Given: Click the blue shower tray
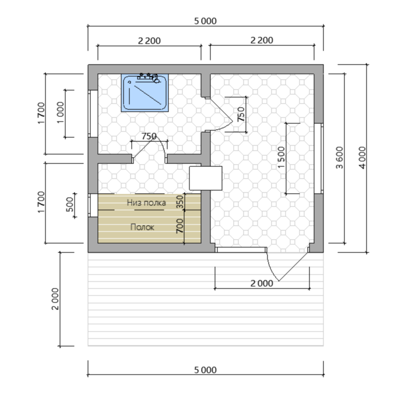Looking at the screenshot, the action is [x=145, y=92].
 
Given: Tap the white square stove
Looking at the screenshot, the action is [x=206, y=178].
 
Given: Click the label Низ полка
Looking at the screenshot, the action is [x=146, y=202].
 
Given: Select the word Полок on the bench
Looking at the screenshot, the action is [x=142, y=227].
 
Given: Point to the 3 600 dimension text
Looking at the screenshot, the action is [x=339, y=158].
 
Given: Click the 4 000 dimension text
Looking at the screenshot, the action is [x=362, y=158].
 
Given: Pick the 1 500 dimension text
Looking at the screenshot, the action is [x=281, y=158].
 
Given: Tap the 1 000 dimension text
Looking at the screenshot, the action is [x=60, y=113].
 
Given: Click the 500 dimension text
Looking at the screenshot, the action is [x=70, y=204].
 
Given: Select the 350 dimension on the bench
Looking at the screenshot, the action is [x=179, y=202].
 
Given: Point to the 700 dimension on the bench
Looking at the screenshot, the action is [x=179, y=226].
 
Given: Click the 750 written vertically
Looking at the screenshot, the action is [x=241, y=114].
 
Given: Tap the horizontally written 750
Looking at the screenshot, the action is [x=149, y=136].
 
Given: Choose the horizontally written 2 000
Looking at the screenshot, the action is [x=262, y=283].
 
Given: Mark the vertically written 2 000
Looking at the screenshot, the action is [x=55, y=299].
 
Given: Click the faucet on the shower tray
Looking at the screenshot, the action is [x=148, y=77].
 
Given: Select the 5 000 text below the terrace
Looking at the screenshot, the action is [x=206, y=370].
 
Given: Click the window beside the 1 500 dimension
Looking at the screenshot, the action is [x=319, y=158].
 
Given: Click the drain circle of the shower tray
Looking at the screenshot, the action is [x=129, y=82].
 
